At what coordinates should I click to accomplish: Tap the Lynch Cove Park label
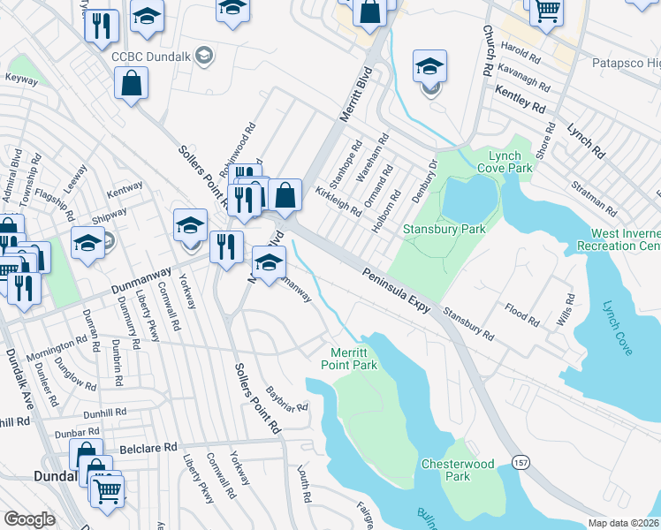pos(505,161)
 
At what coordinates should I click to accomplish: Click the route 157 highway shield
pos(520,463)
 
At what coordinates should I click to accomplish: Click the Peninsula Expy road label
pos(395,291)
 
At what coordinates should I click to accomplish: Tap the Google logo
pos(29,519)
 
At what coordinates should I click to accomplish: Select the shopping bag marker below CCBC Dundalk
pos(132,84)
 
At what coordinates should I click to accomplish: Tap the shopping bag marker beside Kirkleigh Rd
pos(285,195)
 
